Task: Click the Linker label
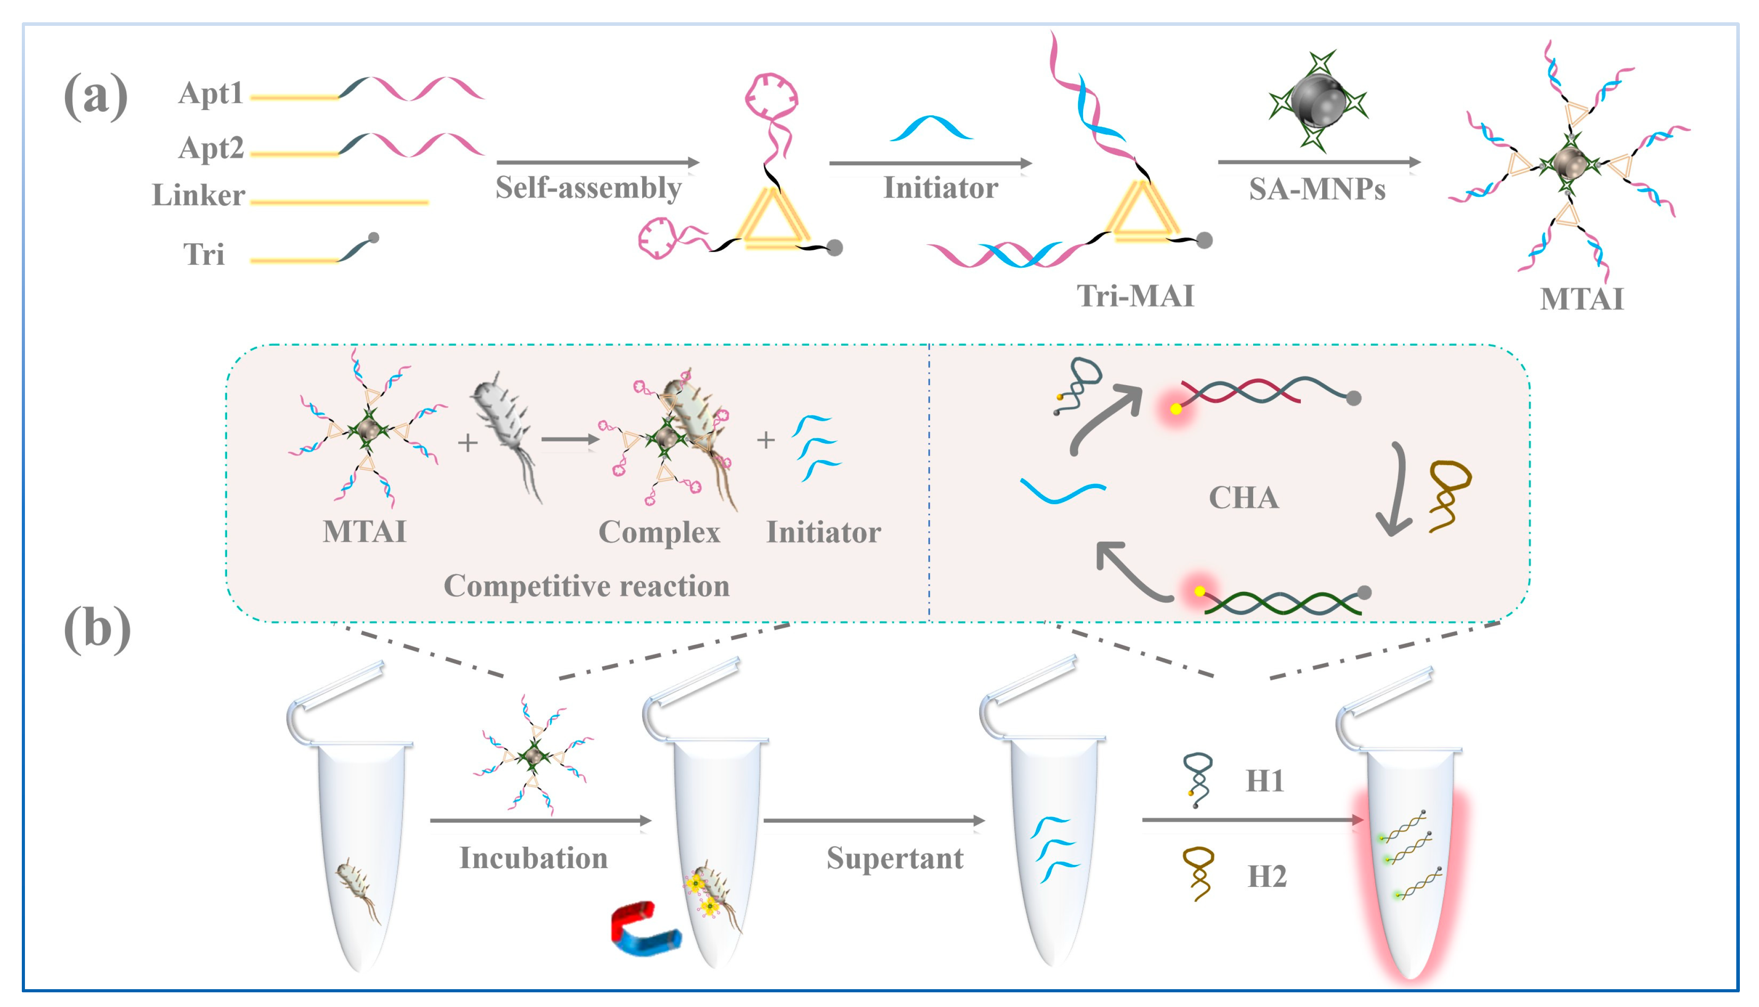click(x=199, y=196)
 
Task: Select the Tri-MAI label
click(x=1135, y=296)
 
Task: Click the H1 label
click(x=1265, y=781)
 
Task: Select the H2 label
click(x=1266, y=877)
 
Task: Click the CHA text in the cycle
click(x=1243, y=498)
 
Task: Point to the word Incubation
click(x=533, y=858)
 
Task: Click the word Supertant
click(x=895, y=858)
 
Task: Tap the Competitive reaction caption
click(x=586, y=586)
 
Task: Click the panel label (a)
click(x=95, y=95)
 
